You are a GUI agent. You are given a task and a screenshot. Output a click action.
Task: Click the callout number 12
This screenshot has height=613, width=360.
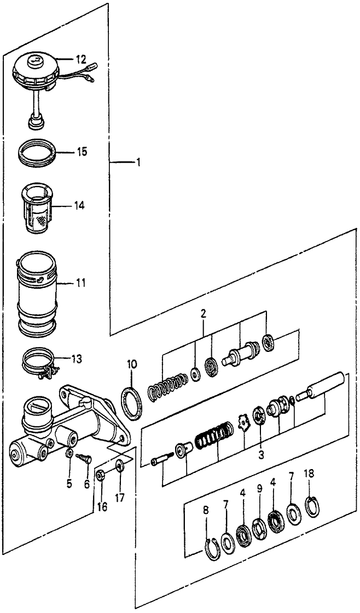click(x=81, y=59)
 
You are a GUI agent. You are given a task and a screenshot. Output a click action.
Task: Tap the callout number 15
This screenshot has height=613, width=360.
click(x=81, y=151)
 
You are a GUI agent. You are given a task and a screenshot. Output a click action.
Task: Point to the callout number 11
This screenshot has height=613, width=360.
click(x=81, y=284)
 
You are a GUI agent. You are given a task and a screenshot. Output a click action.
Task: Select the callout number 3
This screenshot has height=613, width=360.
click(x=261, y=454)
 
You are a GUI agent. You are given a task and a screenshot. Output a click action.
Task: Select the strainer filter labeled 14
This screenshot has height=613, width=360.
click(x=38, y=206)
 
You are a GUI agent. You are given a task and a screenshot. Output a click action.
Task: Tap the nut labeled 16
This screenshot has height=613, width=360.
click(x=100, y=474)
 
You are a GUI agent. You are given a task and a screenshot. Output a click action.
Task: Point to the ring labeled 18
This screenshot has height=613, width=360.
click(x=312, y=506)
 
